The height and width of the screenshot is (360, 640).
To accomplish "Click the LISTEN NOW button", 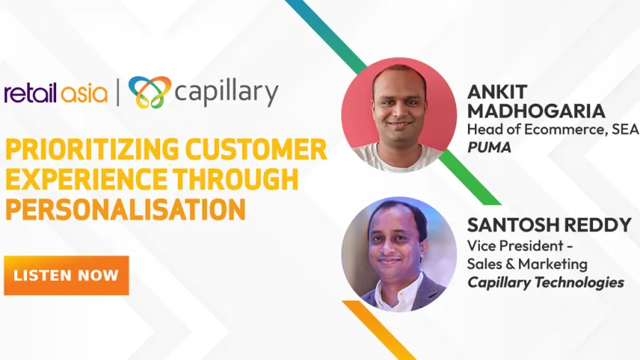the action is [x=67, y=275].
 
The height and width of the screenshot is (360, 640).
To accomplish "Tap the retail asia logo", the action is [x=56, y=92].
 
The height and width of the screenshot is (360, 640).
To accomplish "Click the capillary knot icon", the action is [x=149, y=92].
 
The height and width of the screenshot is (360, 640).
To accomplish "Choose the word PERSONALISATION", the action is [x=125, y=209].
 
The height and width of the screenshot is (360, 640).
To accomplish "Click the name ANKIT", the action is [x=497, y=92].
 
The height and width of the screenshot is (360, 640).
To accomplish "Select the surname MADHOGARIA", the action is [x=536, y=111].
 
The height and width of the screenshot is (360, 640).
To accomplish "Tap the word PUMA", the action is [x=489, y=147].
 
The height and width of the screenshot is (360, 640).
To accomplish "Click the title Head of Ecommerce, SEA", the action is [x=553, y=129].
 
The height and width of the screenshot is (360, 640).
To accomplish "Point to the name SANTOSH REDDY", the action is [x=549, y=225].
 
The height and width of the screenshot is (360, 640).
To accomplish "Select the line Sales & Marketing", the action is [x=527, y=264].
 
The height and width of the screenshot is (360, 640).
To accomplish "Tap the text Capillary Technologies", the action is [x=545, y=282].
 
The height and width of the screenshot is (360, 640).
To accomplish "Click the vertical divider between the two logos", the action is [x=118, y=92].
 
